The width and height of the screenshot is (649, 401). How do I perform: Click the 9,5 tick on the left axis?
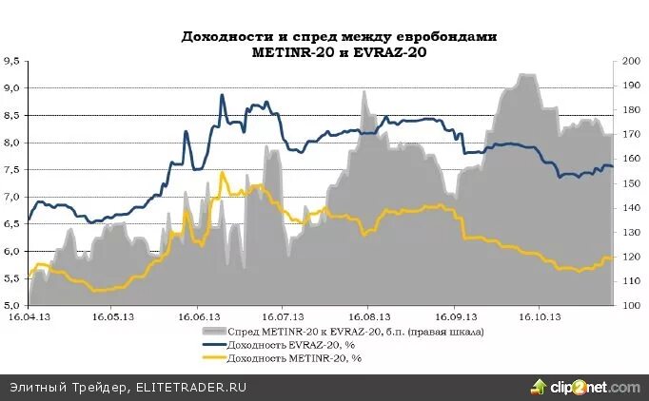tap(11, 61)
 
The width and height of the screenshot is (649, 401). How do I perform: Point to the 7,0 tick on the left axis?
tap(11, 197)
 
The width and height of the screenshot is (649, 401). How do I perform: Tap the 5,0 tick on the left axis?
tap(11, 305)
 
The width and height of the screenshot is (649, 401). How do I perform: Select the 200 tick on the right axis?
tap(628, 61)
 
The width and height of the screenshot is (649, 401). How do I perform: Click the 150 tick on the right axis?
tap(628, 183)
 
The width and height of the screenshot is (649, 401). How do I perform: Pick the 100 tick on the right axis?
tap(628, 305)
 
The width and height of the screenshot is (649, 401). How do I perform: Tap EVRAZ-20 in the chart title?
tap(389, 52)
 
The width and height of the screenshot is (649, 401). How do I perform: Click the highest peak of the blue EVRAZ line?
tap(222, 95)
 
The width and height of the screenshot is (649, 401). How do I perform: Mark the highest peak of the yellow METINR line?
tap(222, 172)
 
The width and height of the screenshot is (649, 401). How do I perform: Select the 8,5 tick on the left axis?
tap(11, 115)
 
